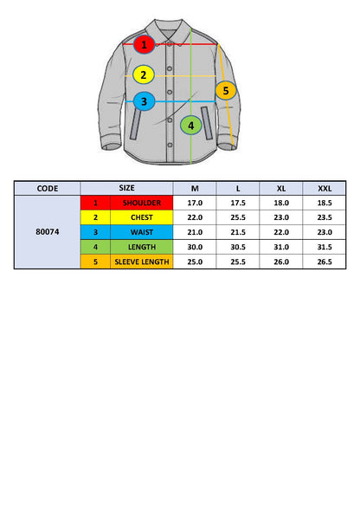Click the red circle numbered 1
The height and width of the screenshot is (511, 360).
point(144,44)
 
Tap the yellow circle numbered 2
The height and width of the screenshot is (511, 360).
point(144,74)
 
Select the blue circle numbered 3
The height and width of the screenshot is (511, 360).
point(144,101)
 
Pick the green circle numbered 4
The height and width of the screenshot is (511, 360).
point(190,125)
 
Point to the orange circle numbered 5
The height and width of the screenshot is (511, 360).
point(226,90)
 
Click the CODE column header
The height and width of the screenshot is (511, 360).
point(48,188)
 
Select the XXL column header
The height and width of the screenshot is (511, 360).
point(325,188)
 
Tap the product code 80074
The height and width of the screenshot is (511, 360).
point(48,232)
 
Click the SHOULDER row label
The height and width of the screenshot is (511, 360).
point(142,203)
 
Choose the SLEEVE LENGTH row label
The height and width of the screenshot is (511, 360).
point(142,262)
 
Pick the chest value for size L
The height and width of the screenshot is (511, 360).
point(238,217)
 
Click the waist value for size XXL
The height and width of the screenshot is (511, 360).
point(325,232)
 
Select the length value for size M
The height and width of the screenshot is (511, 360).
point(195,247)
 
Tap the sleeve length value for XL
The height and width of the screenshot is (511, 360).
point(281,262)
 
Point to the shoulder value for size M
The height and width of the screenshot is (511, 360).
point(195,203)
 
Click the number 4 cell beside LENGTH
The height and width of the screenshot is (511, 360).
point(95,247)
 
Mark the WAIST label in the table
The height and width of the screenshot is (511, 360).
point(142,232)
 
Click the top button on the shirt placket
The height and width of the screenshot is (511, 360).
point(170,45)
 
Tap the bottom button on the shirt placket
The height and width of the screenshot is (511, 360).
point(170,145)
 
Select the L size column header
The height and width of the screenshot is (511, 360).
point(238,188)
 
